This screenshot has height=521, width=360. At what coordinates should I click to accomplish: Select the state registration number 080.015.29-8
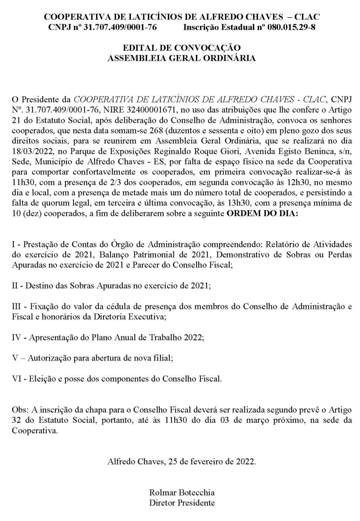(291, 27)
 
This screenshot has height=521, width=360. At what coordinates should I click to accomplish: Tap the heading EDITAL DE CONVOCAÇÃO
(182, 48)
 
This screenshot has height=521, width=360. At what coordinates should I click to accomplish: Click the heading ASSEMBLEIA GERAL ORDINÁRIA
(182, 58)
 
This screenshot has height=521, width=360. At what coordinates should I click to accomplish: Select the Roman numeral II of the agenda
(15, 286)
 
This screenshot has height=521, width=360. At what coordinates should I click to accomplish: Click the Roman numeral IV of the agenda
(16, 338)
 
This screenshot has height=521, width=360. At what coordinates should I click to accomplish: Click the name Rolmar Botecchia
(182, 492)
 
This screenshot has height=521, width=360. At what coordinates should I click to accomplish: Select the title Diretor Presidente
(182, 503)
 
